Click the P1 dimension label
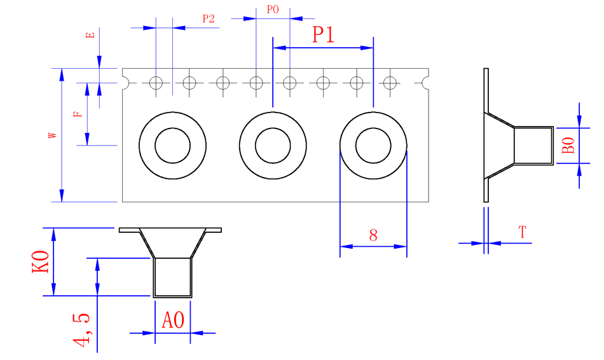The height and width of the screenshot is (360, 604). coord(323,35)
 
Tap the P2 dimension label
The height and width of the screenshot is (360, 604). coord(209,19)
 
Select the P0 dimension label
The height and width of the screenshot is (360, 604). coord(273,10)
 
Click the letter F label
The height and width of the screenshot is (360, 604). coord(78,114)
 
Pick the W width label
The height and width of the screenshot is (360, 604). coord(53,135)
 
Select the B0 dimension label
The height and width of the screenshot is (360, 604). coord(569,146)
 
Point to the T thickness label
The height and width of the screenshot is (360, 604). coord(523,233)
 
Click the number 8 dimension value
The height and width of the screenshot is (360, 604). coord(373,235)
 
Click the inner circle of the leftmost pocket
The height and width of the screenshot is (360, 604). coord(172,146)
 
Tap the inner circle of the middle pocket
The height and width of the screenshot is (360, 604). coord(273,146)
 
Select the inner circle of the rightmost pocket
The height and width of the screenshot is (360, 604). coord(373,146)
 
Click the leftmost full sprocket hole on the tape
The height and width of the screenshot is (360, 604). coord(156,83)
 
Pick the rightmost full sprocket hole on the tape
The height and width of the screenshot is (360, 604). coord(390,83)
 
